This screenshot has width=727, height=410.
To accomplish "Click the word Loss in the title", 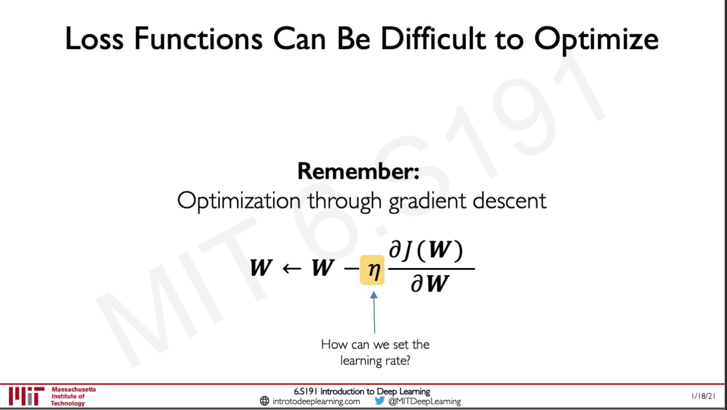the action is click(94, 39).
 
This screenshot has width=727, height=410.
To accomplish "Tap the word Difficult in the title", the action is click(433, 39).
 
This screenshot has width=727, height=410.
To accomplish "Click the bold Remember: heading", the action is click(358, 171).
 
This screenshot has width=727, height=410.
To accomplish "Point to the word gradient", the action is click(428, 201).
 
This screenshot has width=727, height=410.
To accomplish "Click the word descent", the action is click(510, 201).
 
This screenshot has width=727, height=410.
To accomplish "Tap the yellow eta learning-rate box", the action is click(372, 270).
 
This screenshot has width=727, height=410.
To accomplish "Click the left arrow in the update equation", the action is click(292, 268).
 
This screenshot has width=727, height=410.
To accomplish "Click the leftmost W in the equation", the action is click(261, 268).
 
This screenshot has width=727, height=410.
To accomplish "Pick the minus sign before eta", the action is click(351, 268).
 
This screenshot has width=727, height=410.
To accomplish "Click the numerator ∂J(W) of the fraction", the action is click(426, 250).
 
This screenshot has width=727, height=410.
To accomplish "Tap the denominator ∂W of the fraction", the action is click(430, 283).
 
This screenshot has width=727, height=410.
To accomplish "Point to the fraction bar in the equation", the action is click(431, 269).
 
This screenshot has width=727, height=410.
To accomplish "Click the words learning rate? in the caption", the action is click(375, 361).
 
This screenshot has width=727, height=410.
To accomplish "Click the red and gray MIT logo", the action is click(26, 396).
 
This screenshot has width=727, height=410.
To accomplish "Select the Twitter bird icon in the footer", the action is click(380, 401).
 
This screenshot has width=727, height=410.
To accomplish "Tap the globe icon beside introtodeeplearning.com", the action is click(265, 401).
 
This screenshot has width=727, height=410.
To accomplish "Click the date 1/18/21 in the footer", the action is click(703, 396).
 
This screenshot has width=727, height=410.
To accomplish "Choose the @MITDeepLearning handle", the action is click(424, 401).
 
